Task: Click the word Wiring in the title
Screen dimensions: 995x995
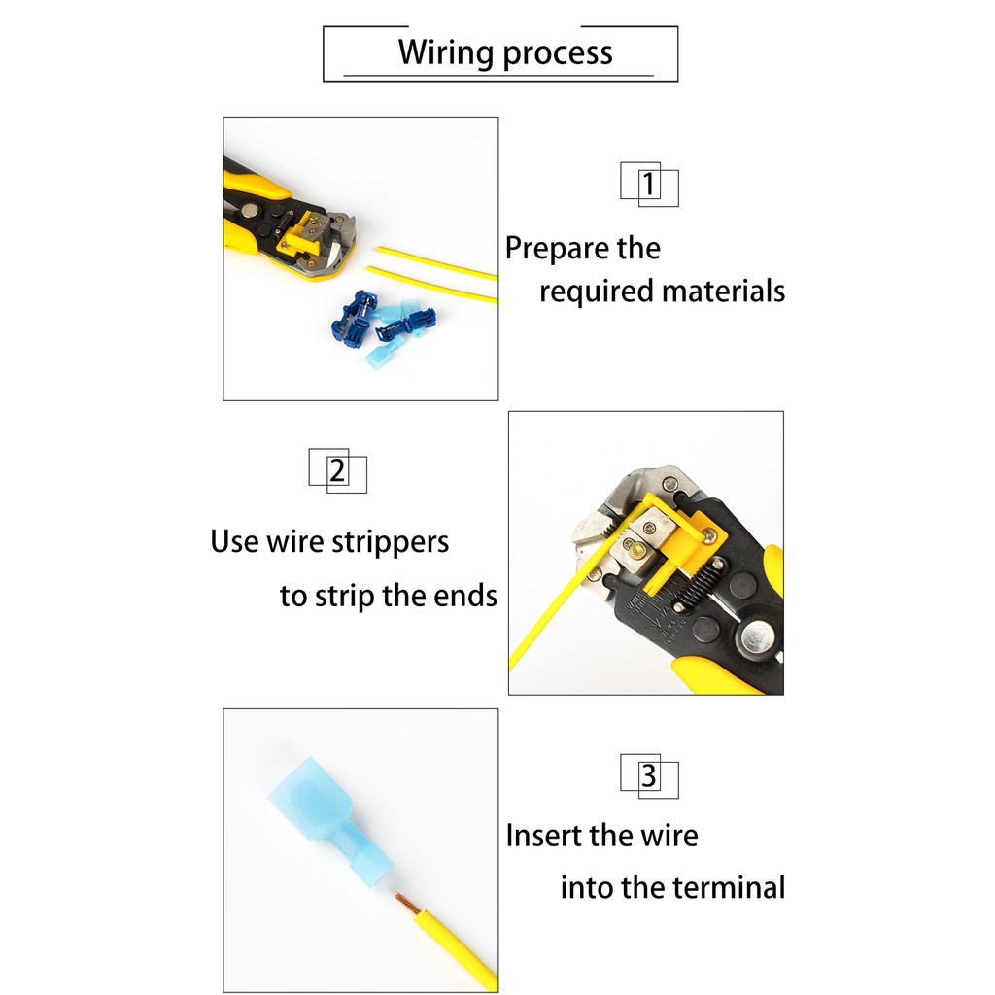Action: (x=445, y=53)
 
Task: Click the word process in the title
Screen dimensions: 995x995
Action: (x=558, y=54)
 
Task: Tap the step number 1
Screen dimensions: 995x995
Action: (x=648, y=184)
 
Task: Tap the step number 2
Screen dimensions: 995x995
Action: (x=337, y=470)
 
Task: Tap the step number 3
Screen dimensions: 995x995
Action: (x=648, y=775)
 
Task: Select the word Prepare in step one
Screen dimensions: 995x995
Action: (x=557, y=249)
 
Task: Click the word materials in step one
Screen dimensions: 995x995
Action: (x=723, y=292)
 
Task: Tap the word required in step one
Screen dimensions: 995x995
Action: (x=597, y=292)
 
